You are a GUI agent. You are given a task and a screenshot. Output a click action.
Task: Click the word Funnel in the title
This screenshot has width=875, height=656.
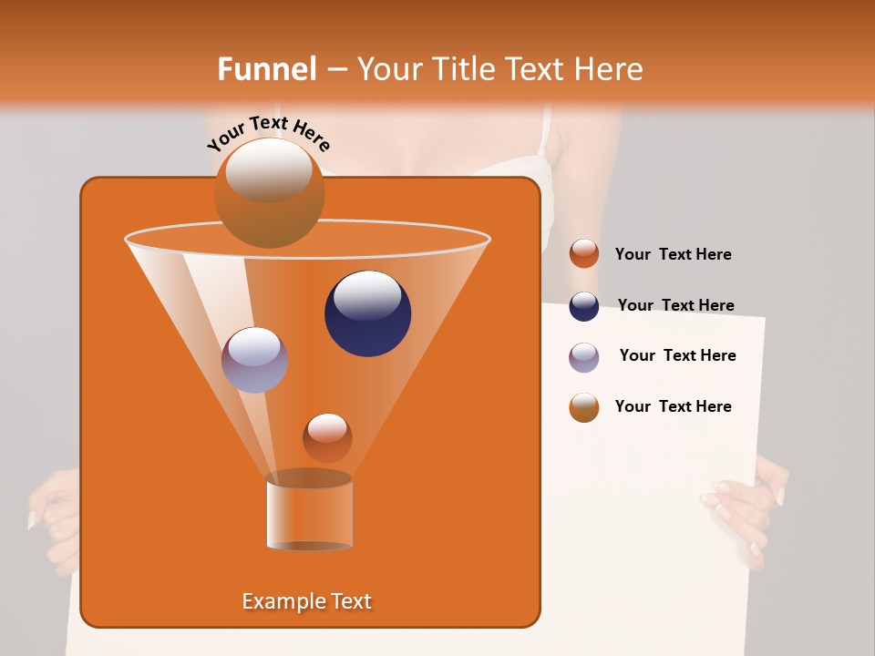click(x=267, y=69)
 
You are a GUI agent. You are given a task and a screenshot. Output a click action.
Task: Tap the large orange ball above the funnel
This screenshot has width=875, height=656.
click(x=269, y=193)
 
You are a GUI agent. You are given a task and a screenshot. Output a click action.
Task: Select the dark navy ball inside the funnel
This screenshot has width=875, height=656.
click(x=368, y=313)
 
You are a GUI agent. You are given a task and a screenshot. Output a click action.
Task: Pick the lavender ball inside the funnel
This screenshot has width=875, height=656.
click(x=254, y=360)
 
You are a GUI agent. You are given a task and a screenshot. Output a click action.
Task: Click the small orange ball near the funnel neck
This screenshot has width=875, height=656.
click(x=327, y=437)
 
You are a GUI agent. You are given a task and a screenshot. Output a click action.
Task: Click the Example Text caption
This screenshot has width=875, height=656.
click(x=306, y=601)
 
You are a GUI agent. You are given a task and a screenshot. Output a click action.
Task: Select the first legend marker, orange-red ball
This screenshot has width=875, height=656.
click(x=584, y=254)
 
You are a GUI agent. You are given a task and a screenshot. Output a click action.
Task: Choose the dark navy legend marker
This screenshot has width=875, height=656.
click(x=584, y=306)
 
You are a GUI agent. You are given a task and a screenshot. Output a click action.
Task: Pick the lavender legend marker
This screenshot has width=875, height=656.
click(x=584, y=357)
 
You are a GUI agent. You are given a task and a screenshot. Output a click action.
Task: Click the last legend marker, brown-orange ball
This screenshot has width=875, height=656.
click(x=584, y=407)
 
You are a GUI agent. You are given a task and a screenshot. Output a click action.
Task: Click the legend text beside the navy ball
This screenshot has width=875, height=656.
click(x=675, y=305)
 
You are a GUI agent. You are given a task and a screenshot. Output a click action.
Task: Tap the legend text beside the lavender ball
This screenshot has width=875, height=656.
click(x=677, y=355)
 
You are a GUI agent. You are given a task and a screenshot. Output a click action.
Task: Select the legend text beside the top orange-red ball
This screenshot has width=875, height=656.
click(x=673, y=254)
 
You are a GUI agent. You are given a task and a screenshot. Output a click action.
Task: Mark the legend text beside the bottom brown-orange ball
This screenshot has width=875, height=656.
click(x=673, y=406)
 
